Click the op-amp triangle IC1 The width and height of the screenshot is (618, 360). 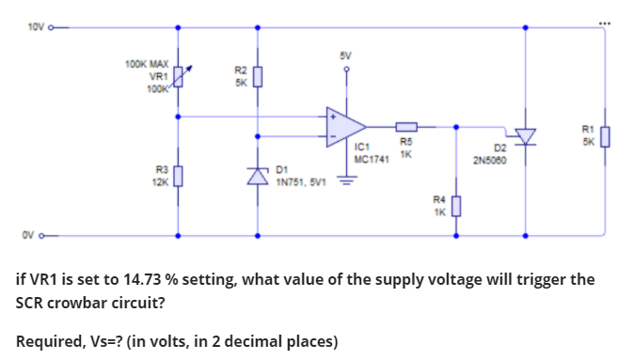pos(344,126)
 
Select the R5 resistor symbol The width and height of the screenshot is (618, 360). pos(406,126)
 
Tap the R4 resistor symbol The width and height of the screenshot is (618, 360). pos(457,204)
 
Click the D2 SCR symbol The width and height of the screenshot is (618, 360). pos(524,137)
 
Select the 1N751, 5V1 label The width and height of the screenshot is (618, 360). pos(300,182)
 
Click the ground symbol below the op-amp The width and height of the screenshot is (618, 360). pos(345,183)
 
